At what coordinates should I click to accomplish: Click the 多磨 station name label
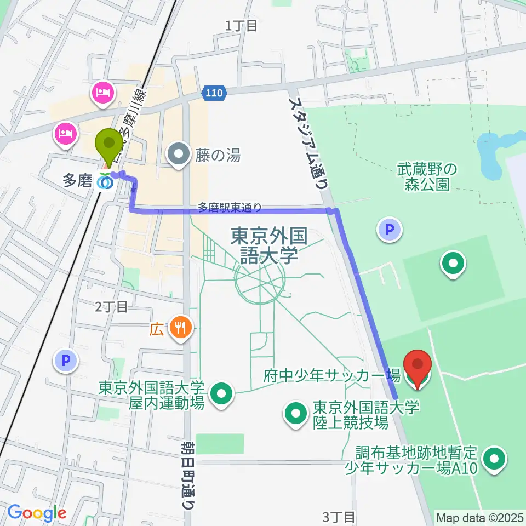click(x=77, y=181)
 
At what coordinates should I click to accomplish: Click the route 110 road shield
click(x=213, y=93)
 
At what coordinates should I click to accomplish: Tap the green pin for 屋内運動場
click(x=221, y=393)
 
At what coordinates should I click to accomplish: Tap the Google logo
click(x=37, y=513)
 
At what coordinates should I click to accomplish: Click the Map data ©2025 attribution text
click(x=480, y=517)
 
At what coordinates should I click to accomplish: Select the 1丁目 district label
click(x=241, y=25)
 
